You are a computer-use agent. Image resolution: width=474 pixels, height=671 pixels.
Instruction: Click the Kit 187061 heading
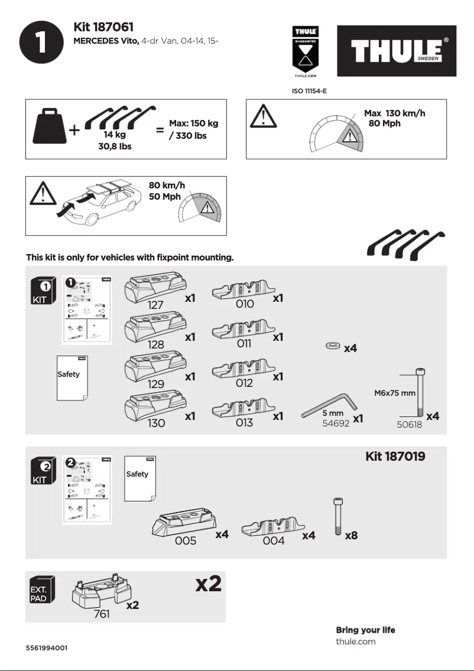[x=103, y=27]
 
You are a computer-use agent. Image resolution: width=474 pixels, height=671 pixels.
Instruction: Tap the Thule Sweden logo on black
[x=397, y=51]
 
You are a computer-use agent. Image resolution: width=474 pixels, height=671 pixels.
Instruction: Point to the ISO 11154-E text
[x=310, y=92]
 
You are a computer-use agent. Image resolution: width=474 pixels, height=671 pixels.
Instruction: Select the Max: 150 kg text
[x=193, y=123]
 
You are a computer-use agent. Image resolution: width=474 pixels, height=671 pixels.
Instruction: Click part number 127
[x=156, y=305]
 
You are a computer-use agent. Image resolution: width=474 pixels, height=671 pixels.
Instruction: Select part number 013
[x=244, y=422]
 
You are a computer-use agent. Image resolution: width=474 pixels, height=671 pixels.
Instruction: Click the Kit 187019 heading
[x=395, y=456]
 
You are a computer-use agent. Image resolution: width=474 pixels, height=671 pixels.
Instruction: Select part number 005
[x=186, y=540]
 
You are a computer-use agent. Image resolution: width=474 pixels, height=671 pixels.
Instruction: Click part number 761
[x=102, y=614]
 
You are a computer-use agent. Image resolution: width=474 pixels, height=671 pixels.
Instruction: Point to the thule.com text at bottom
[x=355, y=641]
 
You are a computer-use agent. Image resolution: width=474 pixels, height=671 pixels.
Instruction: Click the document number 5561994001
[x=47, y=648]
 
